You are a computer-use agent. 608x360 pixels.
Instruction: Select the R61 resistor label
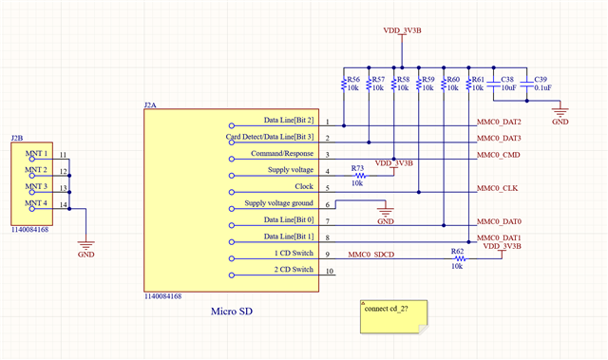(478, 80)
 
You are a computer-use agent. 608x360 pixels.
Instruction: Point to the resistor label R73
(357, 167)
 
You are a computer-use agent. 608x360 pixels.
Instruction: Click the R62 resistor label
(458, 252)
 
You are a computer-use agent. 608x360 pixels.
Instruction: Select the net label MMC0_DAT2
(499, 123)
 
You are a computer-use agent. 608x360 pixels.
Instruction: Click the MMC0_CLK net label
(497, 188)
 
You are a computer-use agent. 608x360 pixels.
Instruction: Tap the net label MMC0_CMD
(498, 154)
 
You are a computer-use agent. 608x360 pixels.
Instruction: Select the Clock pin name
(303, 187)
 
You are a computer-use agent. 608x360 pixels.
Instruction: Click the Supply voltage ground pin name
(278, 203)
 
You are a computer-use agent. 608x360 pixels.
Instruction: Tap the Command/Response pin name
(282, 153)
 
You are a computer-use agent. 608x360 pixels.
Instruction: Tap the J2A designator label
(150, 104)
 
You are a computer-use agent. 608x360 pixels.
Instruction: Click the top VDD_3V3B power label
(405, 30)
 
